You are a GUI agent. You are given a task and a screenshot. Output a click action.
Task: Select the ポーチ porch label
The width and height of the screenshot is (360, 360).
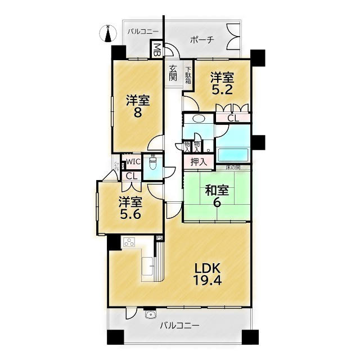pos(202,40)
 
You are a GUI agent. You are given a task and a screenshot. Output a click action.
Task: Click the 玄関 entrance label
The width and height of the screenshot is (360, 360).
pos(173,73)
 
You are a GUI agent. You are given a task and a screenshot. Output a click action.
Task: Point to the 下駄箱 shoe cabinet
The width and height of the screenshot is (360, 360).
pos(188,76)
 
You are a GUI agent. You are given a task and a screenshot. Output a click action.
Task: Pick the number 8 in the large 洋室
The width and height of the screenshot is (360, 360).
pos(137,112)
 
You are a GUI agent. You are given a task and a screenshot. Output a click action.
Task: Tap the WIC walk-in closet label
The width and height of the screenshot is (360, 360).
pos(133,162)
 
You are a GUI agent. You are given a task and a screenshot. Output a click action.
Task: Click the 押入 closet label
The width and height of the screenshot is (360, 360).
pos(198,162)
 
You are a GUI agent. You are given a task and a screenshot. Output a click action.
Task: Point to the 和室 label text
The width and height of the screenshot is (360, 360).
pos(216,191)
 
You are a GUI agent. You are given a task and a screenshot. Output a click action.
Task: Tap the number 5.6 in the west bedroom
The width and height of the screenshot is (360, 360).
pos(129,214)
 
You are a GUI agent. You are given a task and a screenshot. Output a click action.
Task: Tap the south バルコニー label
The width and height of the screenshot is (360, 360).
pos(179,325)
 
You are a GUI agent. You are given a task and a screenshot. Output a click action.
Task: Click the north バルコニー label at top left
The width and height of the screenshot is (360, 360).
pos(143,32)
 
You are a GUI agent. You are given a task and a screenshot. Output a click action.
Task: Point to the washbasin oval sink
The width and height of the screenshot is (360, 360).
pos(198,119)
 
